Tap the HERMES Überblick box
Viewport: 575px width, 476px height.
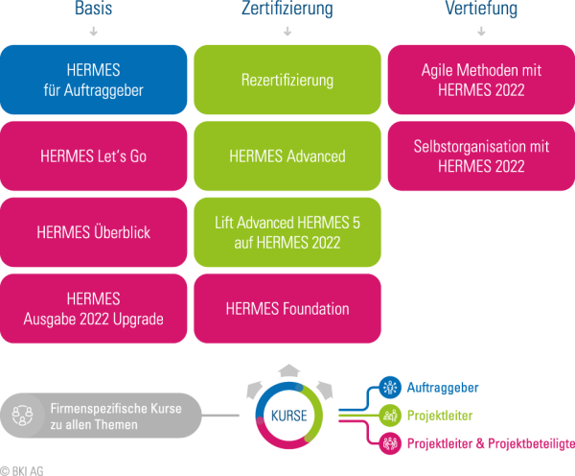tap(94, 232)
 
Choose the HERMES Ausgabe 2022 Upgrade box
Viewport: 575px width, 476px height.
tap(94, 308)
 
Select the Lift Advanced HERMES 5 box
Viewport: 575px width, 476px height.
tap(287, 232)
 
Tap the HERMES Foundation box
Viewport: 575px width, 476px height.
tap(287, 308)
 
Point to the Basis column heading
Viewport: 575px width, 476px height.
tap(94, 9)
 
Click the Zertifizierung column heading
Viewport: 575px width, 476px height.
tap(287, 9)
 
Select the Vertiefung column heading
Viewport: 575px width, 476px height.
tap(481, 9)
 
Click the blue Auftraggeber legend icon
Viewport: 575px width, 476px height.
tap(391, 388)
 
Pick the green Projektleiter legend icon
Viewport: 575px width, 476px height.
tap(391, 415)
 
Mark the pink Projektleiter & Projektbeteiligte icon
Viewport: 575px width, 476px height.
tap(391, 442)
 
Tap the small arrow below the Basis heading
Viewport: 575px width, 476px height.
tap(94, 31)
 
